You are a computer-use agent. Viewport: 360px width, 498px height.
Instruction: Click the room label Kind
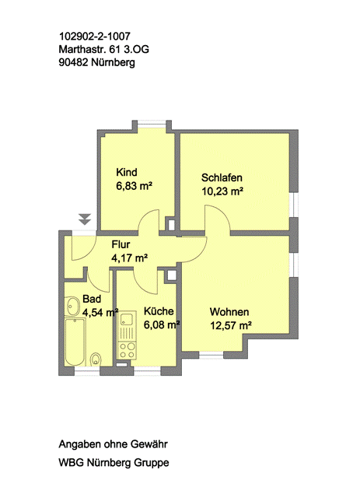[x=126, y=172]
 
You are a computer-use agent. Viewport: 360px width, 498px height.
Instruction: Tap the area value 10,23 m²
[x=222, y=191]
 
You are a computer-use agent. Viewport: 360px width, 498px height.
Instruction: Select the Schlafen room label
[x=222, y=177]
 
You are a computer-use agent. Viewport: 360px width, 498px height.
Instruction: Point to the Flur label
[x=121, y=244]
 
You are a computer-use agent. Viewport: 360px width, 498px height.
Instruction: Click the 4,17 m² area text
[x=130, y=258]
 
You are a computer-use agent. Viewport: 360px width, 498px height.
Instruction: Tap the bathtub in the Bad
[x=75, y=342]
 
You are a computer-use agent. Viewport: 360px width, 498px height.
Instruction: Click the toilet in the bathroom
[x=96, y=359]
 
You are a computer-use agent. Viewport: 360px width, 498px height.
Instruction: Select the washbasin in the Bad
[x=72, y=306]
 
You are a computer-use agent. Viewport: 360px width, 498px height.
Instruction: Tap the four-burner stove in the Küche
[x=127, y=350]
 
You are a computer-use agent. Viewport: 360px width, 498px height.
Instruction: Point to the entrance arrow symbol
[x=85, y=219]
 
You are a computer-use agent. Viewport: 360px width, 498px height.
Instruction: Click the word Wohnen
[x=229, y=312]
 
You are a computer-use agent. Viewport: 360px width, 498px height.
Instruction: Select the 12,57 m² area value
[x=231, y=325]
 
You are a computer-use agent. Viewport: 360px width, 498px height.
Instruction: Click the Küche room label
[x=159, y=311]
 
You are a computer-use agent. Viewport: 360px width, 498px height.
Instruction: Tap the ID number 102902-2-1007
[x=95, y=37]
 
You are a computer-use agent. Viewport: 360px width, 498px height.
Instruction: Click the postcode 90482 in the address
[x=73, y=62]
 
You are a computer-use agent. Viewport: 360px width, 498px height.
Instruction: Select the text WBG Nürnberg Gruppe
[x=114, y=463]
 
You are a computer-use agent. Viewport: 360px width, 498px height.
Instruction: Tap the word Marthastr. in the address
[x=81, y=49]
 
